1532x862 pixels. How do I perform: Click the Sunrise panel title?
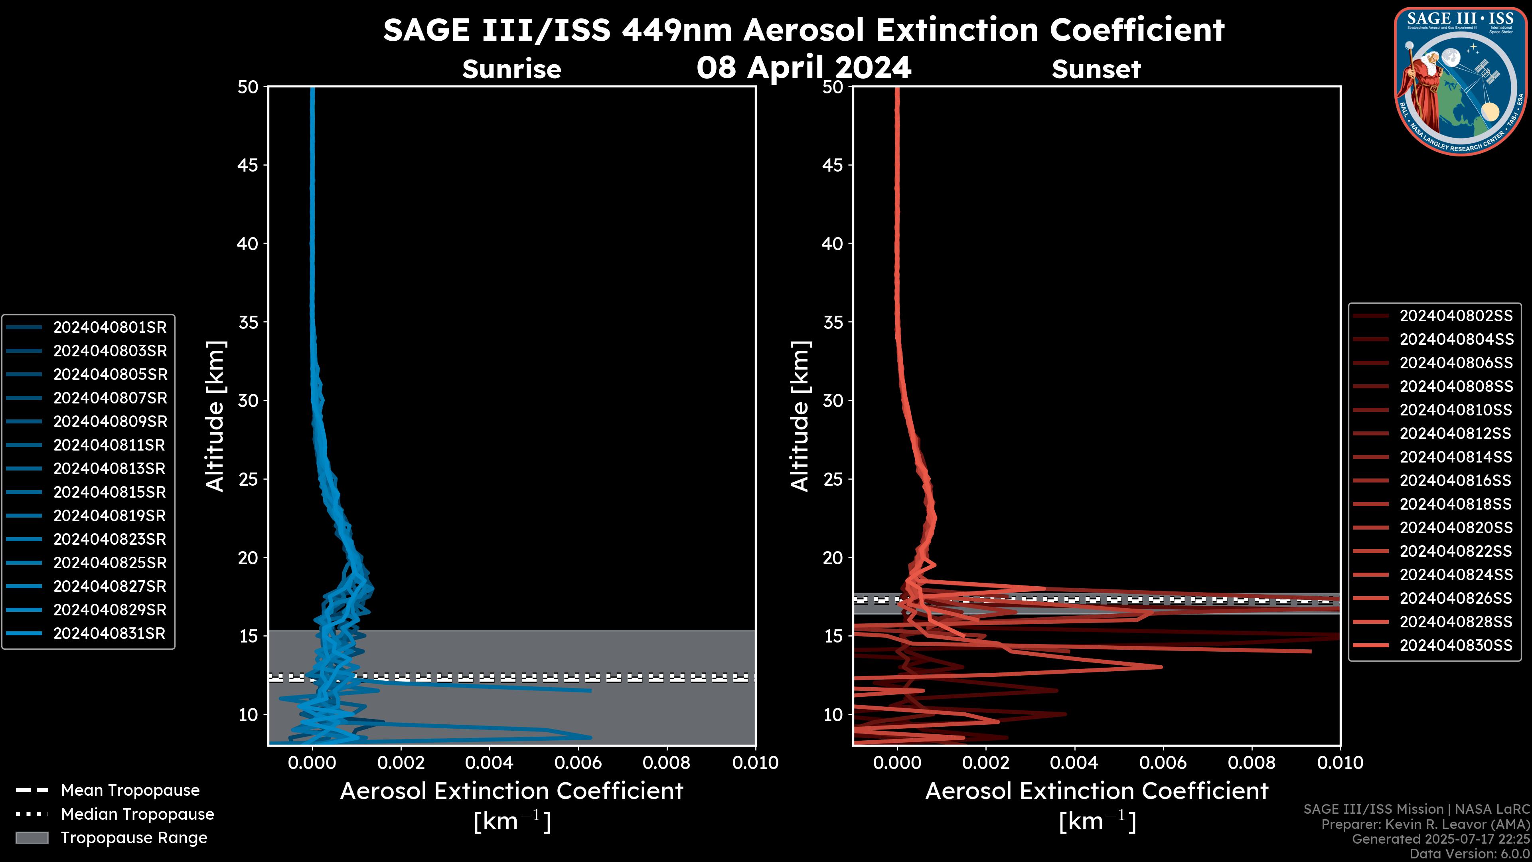coord(511,69)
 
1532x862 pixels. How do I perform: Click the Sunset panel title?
coord(1096,69)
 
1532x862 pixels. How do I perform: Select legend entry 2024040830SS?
coord(1456,645)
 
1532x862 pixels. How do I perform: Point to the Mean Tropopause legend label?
coord(130,791)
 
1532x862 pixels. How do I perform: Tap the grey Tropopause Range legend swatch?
coord(32,838)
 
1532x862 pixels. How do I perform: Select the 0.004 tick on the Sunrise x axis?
coord(489,763)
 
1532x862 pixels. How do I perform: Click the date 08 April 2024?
coord(804,67)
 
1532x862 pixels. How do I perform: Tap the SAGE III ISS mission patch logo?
coord(1461,81)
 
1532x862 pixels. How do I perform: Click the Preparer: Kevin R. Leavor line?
coord(1425,824)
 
